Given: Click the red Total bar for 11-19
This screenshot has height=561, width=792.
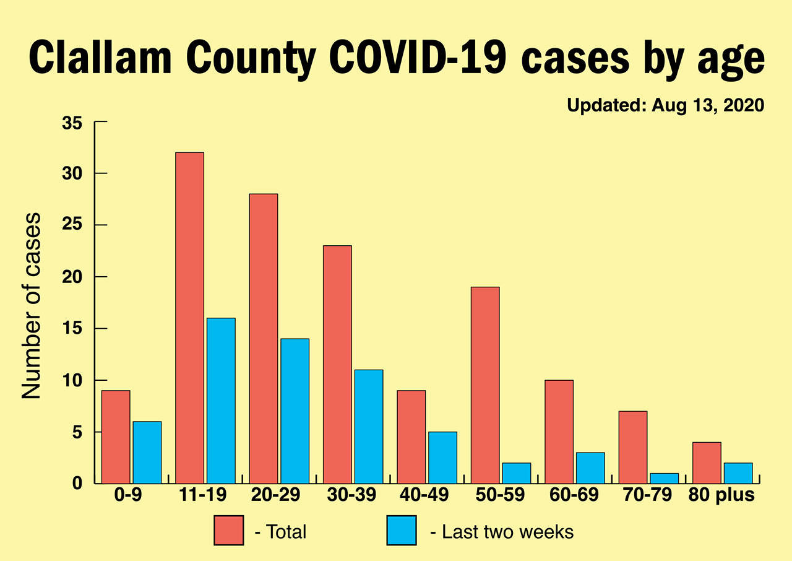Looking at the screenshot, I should pos(189,318).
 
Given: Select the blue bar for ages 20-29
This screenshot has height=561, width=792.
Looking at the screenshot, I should pos(295,411).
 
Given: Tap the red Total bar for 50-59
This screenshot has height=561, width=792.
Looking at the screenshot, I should pos(485,385).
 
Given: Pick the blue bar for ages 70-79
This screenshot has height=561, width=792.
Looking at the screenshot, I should pos(664,478).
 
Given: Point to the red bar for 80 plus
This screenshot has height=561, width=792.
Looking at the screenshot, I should pos(707,463).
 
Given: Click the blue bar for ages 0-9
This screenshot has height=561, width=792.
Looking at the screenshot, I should pos(147,452).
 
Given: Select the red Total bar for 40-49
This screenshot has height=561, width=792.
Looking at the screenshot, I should pos(411,437).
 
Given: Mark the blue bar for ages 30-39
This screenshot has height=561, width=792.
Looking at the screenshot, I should pos(368,426).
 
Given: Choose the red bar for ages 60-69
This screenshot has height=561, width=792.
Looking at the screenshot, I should pos(559,431).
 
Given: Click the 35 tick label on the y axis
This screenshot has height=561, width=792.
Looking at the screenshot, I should pos(72,123).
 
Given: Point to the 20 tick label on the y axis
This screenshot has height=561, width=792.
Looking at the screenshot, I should pos(72,277).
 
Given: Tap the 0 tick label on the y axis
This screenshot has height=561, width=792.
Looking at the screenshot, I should pos(77,484).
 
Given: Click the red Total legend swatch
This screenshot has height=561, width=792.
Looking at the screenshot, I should pos(228,531).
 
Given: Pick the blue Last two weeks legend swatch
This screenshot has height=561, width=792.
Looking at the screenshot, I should pos(402,531).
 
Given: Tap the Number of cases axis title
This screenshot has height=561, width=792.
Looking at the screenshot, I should pos(32,306).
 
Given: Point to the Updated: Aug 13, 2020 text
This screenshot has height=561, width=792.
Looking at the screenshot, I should pos(666,106).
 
